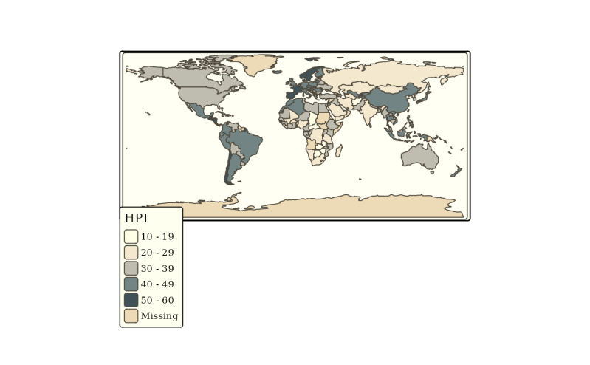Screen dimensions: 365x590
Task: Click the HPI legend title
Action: (x=136, y=218)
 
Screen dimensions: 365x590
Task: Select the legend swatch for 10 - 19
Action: (x=131, y=236)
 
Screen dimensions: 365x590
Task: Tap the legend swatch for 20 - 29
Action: (x=131, y=253)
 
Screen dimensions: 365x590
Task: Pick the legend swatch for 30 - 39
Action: (x=131, y=268)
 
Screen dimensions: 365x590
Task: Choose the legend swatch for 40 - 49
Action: (x=131, y=284)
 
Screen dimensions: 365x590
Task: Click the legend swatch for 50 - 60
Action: (x=131, y=300)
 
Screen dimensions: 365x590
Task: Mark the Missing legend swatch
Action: (x=131, y=315)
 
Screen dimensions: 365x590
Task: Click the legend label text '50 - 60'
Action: (x=157, y=300)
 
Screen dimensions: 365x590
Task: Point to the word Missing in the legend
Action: (x=159, y=315)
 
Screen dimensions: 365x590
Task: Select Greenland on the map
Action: (x=258, y=64)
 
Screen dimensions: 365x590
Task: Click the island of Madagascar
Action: (x=339, y=151)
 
